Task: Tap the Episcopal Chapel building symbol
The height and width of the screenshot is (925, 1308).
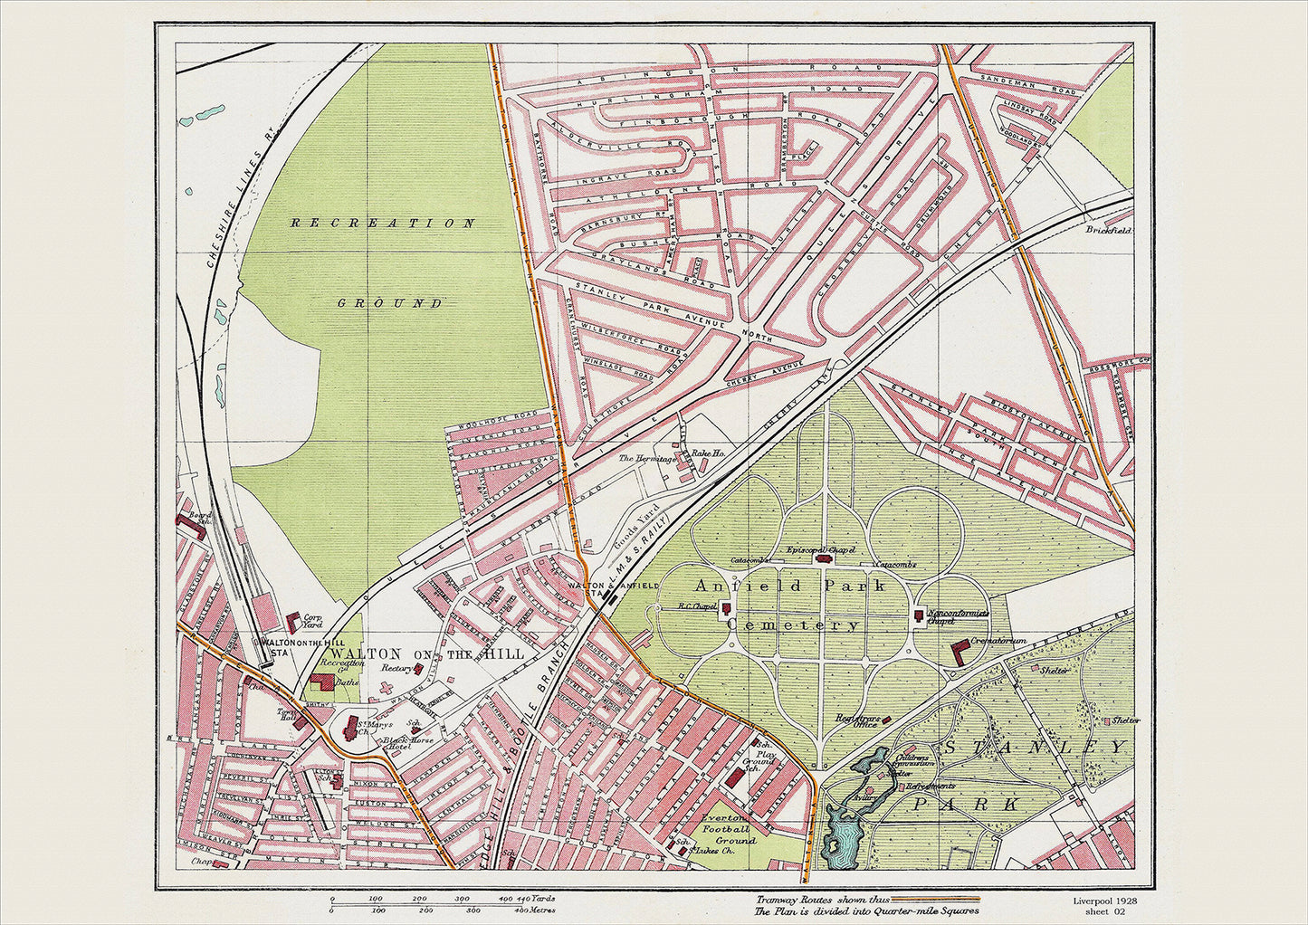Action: point(823,558)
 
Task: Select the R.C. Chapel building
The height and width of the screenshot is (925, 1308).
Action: point(726,610)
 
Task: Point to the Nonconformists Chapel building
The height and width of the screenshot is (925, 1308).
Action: point(920,616)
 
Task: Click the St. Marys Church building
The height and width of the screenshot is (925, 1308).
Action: point(349,730)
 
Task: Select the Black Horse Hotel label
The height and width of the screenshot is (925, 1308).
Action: point(408,745)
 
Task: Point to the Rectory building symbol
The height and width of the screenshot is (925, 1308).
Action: point(418,668)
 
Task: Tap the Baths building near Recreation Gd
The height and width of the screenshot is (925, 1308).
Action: point(320,683)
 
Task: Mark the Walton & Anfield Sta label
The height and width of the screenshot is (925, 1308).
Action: point(612,590)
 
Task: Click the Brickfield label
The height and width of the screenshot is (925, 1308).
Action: point(1109,230)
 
